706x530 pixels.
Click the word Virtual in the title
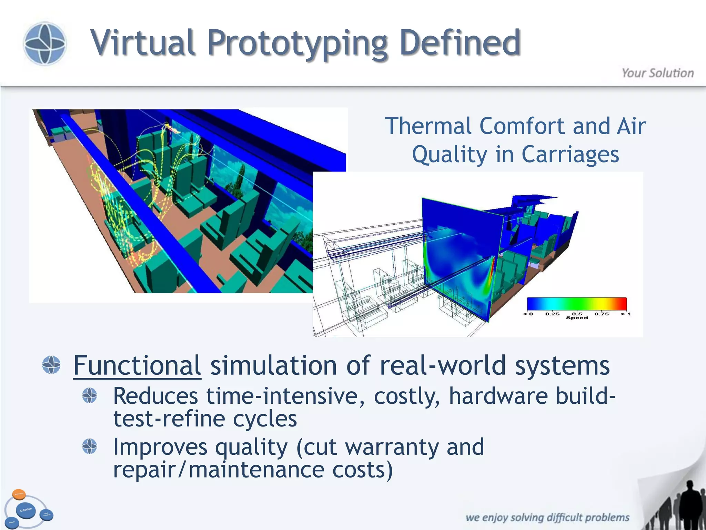[143, 43]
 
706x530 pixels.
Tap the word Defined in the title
[460, 43]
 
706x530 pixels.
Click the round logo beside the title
[45, 43]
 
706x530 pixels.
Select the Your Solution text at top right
[657, 73]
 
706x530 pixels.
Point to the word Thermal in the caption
[429, 126]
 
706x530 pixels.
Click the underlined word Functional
[137, 365]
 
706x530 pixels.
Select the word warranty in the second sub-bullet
[392, 447]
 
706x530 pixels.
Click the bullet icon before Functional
[51, 365]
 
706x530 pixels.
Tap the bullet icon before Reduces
[90, 395]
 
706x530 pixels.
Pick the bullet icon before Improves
[90, 446]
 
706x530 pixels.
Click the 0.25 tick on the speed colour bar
[552, 314]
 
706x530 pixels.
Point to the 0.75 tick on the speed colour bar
[602, 314]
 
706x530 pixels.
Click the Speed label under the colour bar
[577, 318]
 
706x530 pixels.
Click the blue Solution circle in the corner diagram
[26, 510]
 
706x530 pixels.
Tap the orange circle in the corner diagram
[19, 494]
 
